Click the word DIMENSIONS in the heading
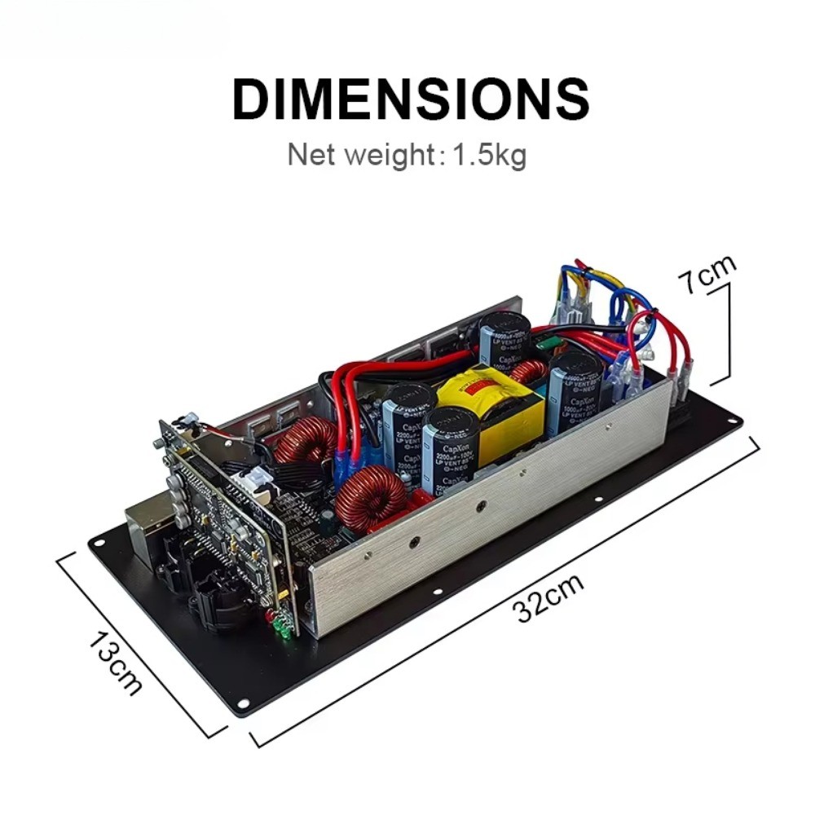(x=410, y=99)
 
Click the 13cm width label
(x=114, y=663)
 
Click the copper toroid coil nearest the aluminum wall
(x=372, y=496)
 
